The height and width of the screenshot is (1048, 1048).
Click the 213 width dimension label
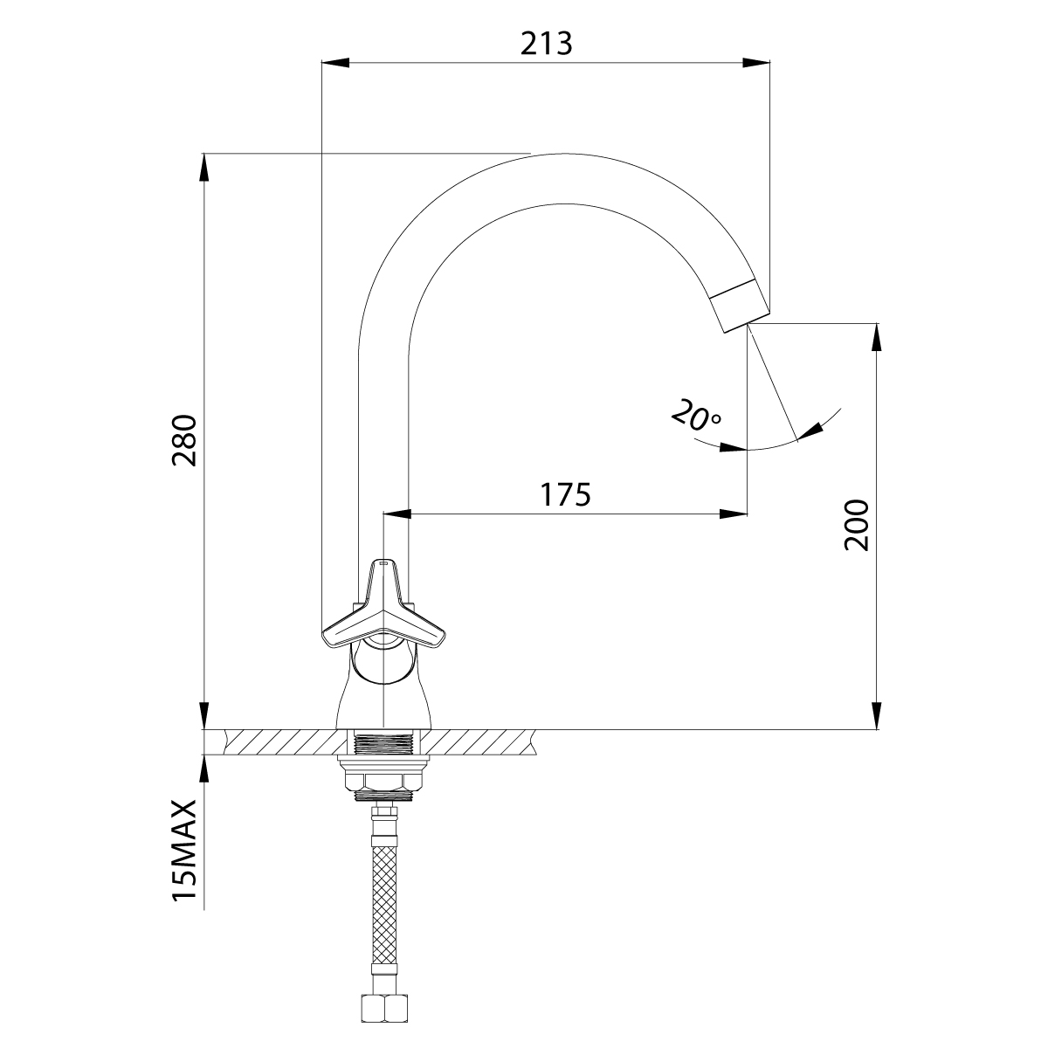pyautogui.click(x=546, y=44)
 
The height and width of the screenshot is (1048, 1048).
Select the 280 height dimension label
pyautogui.click(x=184, y=440)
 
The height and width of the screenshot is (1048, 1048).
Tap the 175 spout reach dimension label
pyautogui.click(x=565, y=493)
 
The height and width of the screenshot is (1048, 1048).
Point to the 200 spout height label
pyautogui.click(x=857, y=525)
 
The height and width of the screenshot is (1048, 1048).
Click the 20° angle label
pyautogui.click(x=697, y=416)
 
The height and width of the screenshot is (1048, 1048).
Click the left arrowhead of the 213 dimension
pyautogui.click(x=335, y=63)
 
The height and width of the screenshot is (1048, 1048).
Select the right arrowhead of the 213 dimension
pyautogui.click(x=756, y=63)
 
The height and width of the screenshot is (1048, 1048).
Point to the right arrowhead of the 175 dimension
pyautogui.click(x=733, y=514)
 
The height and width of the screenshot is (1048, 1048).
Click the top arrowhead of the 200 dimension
pyautogui.click(x=876, y=337)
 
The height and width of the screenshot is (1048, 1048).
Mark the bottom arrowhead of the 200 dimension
pyautogui.click(x=876, y=715)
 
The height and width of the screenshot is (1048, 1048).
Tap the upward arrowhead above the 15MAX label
pyautogui.click(x=204, y=769)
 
